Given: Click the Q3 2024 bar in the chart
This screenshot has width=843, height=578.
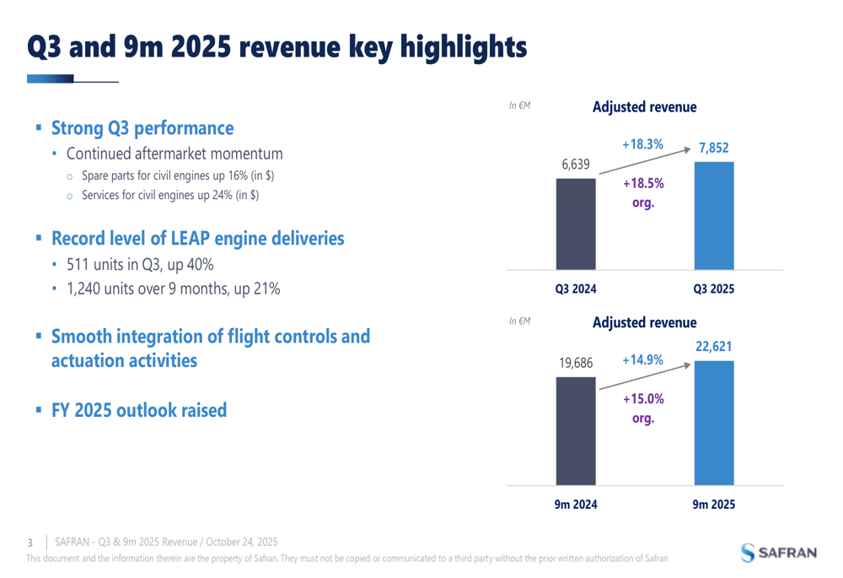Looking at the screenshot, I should coord(576,224).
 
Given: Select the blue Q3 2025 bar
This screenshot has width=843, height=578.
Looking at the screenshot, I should coord(713,215).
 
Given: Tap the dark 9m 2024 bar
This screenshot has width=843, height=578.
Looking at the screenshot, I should coord(576,431).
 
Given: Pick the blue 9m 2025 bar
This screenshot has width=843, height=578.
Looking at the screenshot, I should coord(713,423).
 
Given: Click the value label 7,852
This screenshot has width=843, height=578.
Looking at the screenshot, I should coord(713,149).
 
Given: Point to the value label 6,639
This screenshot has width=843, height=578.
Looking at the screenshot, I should coord(576,164).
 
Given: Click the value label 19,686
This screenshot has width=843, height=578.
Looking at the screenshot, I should coord(576,364).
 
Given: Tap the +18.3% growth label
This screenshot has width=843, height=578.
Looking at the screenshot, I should coord(642,145).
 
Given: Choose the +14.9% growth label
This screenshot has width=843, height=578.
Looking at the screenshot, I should coord(642,360).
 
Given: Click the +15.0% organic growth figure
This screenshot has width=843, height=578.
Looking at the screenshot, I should coord(642,398).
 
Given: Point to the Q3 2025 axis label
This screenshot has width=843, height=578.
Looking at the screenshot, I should coord(713,289).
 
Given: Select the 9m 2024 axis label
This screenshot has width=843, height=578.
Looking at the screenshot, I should coord(575,505).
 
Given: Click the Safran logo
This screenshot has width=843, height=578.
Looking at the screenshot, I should coord(779,553).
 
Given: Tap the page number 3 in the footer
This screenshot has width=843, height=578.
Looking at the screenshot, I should coord(30,542).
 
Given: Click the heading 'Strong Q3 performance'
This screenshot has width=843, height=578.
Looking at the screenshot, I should coord(142,128).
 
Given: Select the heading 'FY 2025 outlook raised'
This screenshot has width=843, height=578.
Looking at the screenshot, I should coord(139,411).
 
